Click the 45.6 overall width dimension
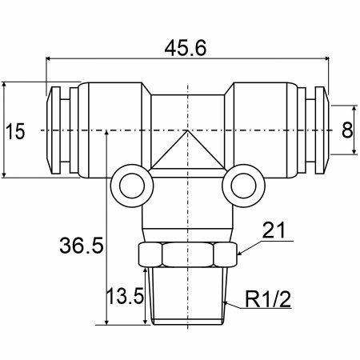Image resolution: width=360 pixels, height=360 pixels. (x=186, y=49)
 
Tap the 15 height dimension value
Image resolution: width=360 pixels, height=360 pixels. (x=15, y=131)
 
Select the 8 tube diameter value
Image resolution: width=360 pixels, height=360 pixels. (x=347, y=130)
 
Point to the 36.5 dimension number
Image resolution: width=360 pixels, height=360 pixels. (x=82, y=246)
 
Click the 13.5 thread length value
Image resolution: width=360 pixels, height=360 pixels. (x=125, y=296)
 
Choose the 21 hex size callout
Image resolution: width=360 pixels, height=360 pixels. (x=274, y=230)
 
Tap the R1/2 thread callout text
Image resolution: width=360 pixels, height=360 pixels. (x=268, y=299)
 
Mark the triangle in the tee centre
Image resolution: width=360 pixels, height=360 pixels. (x=188, y=154)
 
